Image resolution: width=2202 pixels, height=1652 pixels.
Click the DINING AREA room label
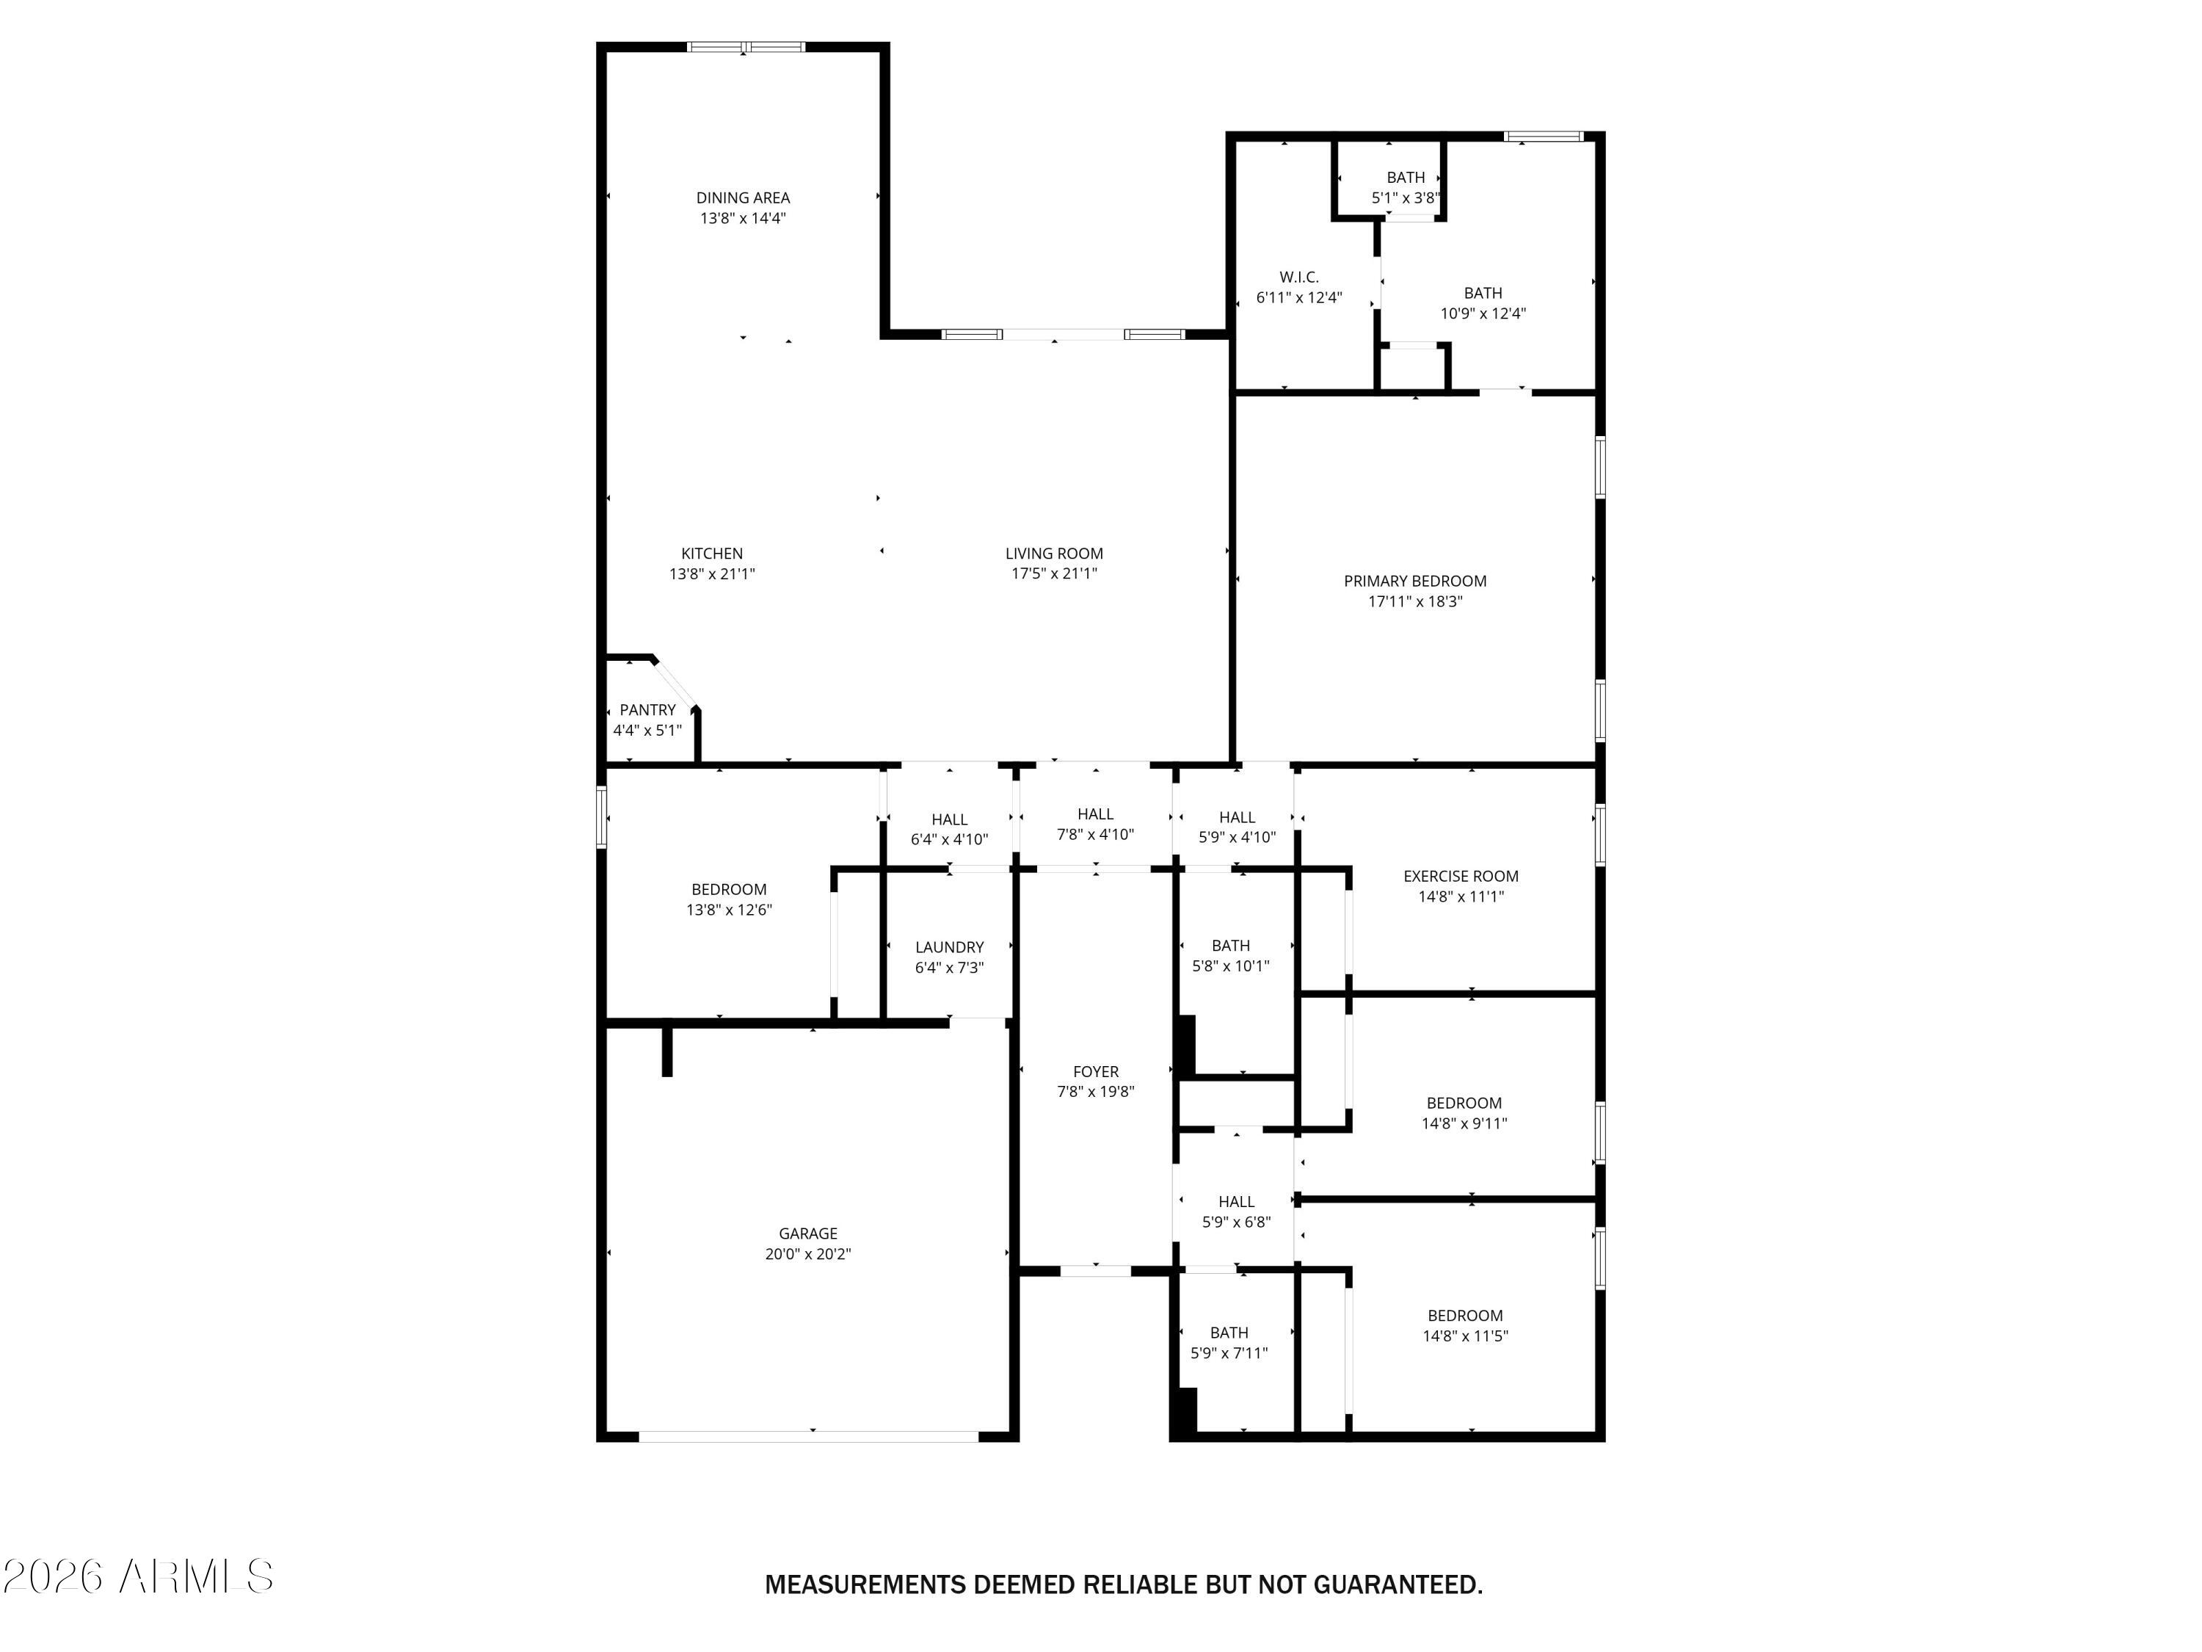point(743,198)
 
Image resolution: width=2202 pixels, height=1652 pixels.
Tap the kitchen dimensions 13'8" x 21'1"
point(712,573)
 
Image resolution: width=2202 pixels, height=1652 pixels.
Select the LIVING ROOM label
point(1054,554)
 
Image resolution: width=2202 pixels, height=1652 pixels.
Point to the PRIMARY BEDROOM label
point(1414,582)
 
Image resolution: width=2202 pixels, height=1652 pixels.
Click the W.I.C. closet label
point(1299,278)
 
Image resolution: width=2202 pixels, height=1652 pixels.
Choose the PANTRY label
point(647,710)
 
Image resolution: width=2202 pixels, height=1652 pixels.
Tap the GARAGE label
point(807,1233)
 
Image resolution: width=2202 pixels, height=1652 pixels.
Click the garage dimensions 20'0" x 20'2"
point(807,1255)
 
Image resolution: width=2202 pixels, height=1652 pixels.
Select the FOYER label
point(1095,1071)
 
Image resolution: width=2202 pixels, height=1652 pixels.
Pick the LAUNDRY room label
point(950,947)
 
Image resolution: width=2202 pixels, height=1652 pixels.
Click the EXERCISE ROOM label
point(1461,876)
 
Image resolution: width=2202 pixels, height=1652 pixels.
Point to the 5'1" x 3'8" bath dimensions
point(1406,198)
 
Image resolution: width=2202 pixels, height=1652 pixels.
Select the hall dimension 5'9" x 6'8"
point(1236,1222)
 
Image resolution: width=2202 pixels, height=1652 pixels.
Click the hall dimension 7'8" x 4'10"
point(1095,835)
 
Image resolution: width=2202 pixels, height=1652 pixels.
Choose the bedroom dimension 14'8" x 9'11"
point(1464,1123)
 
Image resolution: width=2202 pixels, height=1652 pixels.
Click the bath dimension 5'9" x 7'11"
point(1229,1353)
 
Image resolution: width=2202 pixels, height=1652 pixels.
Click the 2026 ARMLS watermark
point(139,1576)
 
